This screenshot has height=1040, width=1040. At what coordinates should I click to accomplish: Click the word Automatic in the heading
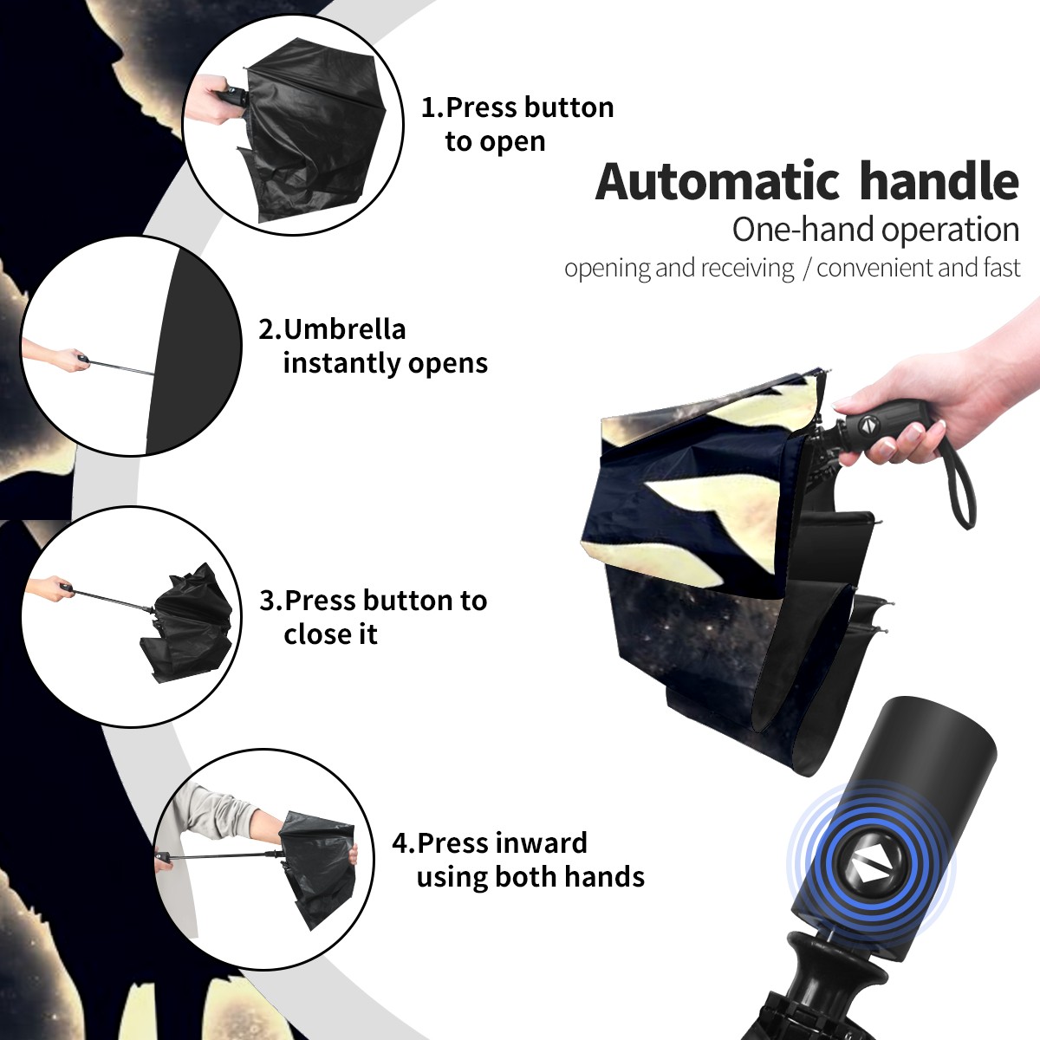tap(718, 182)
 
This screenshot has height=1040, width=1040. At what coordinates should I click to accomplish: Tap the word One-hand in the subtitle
tap(803, 230)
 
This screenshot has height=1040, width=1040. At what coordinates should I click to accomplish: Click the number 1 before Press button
tap(428, 107)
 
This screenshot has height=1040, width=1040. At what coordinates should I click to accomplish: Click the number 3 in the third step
tap(268, 601)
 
